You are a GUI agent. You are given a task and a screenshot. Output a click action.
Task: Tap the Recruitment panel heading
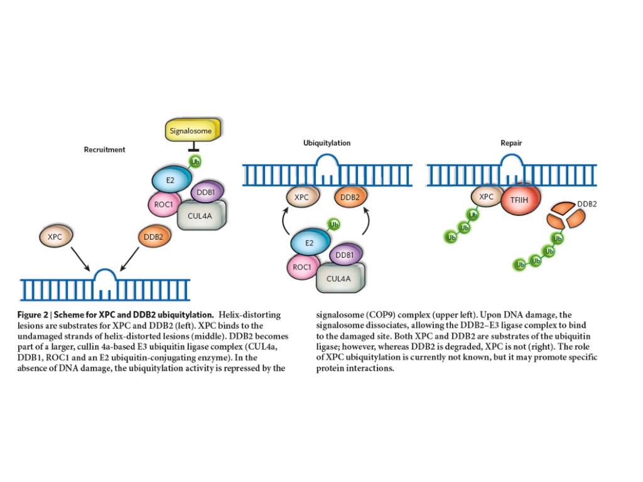(x=105, y=149)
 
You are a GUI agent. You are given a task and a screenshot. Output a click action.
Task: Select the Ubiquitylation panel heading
(x=327, y=143)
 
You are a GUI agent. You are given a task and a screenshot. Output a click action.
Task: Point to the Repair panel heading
(x=511, y=143)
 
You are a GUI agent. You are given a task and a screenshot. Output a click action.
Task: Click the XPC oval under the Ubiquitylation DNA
(x=301, y=197)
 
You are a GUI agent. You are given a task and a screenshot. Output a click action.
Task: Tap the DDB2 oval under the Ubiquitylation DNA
(x=350, y=197)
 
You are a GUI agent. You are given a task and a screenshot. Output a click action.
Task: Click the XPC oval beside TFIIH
(x=486, y=196)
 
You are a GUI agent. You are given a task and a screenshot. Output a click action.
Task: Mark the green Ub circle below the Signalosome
(x=195, y=162)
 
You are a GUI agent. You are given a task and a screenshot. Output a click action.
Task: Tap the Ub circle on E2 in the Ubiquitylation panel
(x=334, y=224)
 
